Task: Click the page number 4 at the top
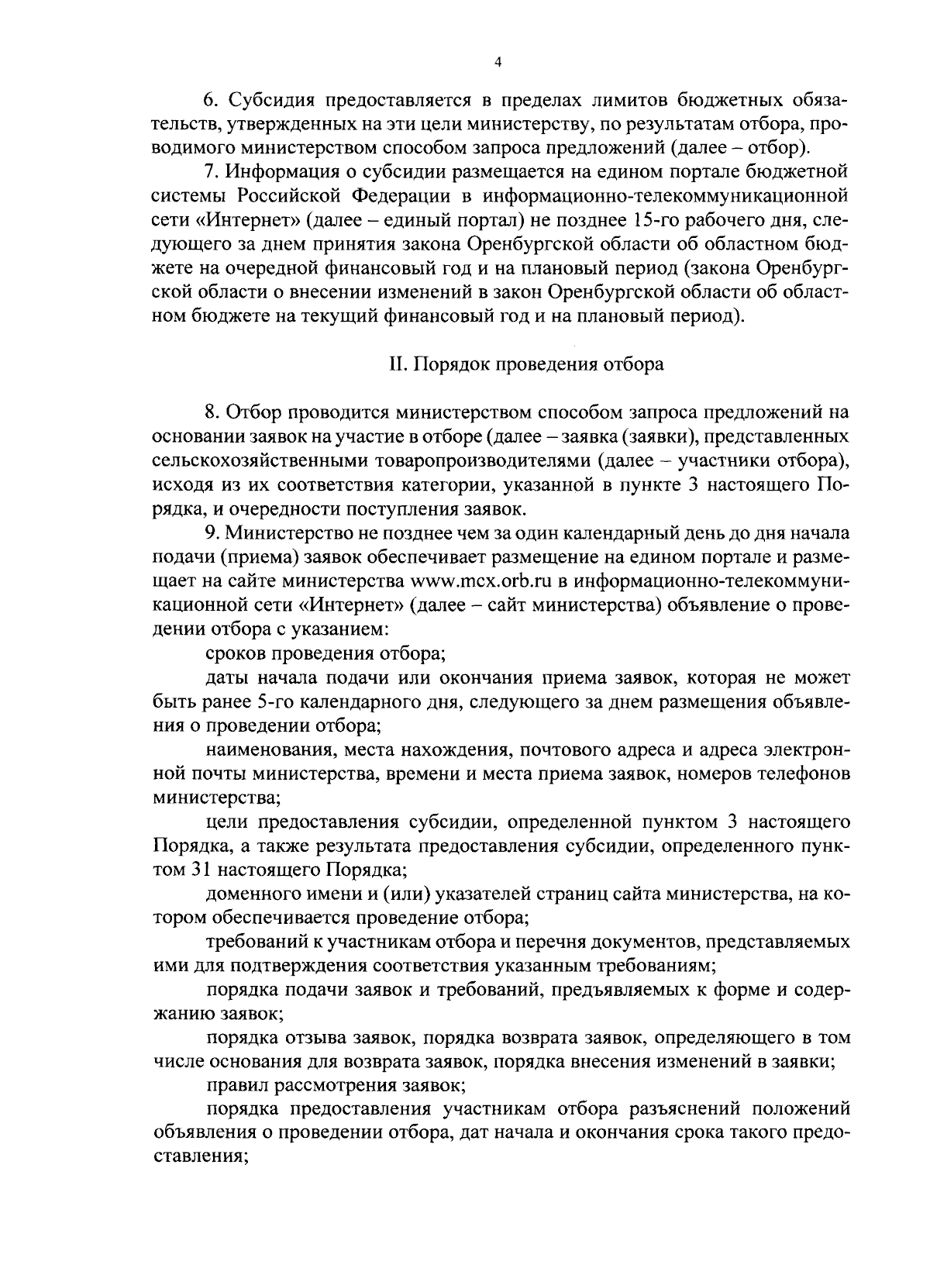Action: tap(497, 62)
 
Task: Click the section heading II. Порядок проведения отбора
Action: tap(525, 364)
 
